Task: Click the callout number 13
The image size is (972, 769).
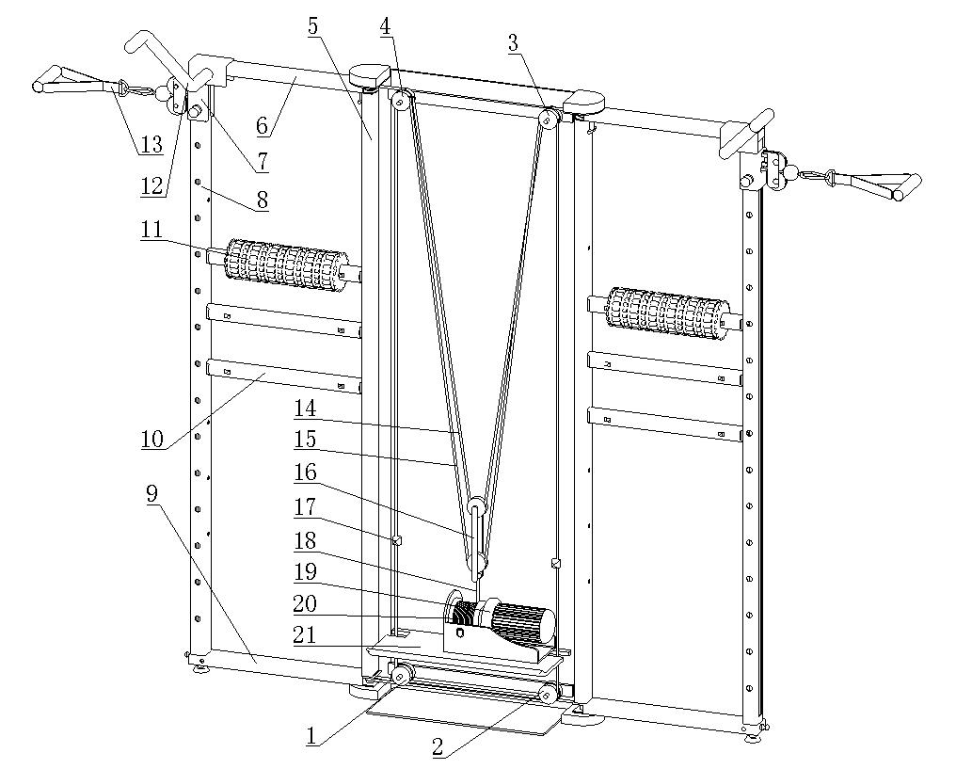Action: click(151, 146)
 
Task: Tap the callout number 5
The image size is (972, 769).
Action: click(314, 25)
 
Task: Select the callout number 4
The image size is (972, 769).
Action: click(386, 25)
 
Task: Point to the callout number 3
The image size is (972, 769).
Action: click(513, 42)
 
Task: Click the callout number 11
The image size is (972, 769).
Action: click(151, 229)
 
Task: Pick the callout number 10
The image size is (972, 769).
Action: click(151, 439)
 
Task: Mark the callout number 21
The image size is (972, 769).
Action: click(304, 635)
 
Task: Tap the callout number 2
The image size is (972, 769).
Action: click(438, 748)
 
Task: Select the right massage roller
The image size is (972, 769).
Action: click(667, 311)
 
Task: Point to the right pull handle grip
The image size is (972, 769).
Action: click(886, 186)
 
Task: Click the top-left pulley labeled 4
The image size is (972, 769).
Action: click(402, 100)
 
